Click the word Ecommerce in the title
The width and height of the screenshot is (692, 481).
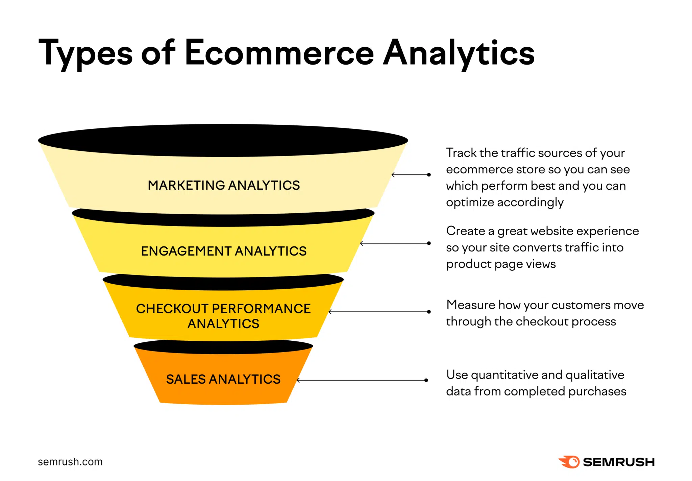(279, 53)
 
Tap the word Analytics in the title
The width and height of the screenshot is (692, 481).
(459, 53)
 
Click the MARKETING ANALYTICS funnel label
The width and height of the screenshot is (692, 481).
(224, 185)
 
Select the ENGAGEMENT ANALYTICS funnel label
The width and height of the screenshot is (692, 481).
(224, 251)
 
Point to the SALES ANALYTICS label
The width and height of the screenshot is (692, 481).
(223, 379)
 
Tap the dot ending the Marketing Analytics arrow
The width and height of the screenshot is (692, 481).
(429, 175)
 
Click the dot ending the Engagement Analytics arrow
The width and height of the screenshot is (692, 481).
(429, 243)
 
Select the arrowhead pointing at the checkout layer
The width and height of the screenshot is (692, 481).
(330, 312)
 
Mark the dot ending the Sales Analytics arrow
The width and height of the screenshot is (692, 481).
(426, 380)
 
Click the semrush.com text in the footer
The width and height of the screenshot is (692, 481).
(70, 462)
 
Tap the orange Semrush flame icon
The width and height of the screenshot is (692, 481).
(570, 462)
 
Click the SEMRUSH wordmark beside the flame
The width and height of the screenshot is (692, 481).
(619, 462)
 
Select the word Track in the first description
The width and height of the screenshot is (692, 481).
(461, 153)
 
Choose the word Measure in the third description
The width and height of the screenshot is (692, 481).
(470, 305)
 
